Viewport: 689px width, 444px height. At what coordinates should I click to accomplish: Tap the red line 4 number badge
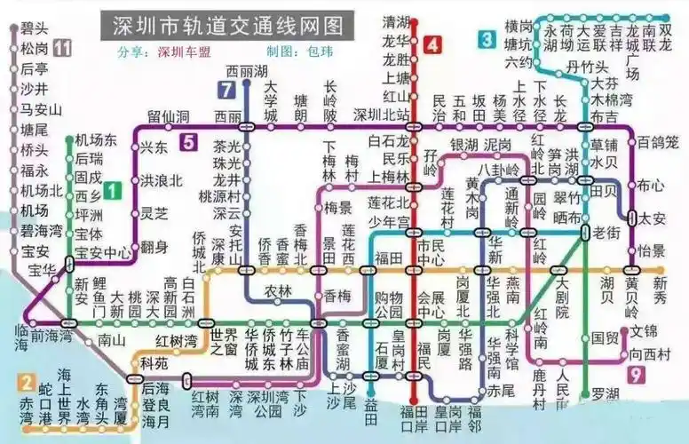[432, 44]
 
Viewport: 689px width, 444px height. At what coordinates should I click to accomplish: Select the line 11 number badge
[61, 48]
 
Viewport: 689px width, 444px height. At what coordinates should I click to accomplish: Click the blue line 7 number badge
[226, 89]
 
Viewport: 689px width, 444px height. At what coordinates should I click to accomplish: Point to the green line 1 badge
[111, 189]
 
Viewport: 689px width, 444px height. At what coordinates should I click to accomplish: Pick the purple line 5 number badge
[188, 141]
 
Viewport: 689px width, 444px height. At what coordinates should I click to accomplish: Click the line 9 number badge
[634, 376]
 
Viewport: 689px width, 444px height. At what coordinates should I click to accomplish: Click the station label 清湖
[394, 21]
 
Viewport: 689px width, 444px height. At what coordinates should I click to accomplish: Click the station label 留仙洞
[169, 116]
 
